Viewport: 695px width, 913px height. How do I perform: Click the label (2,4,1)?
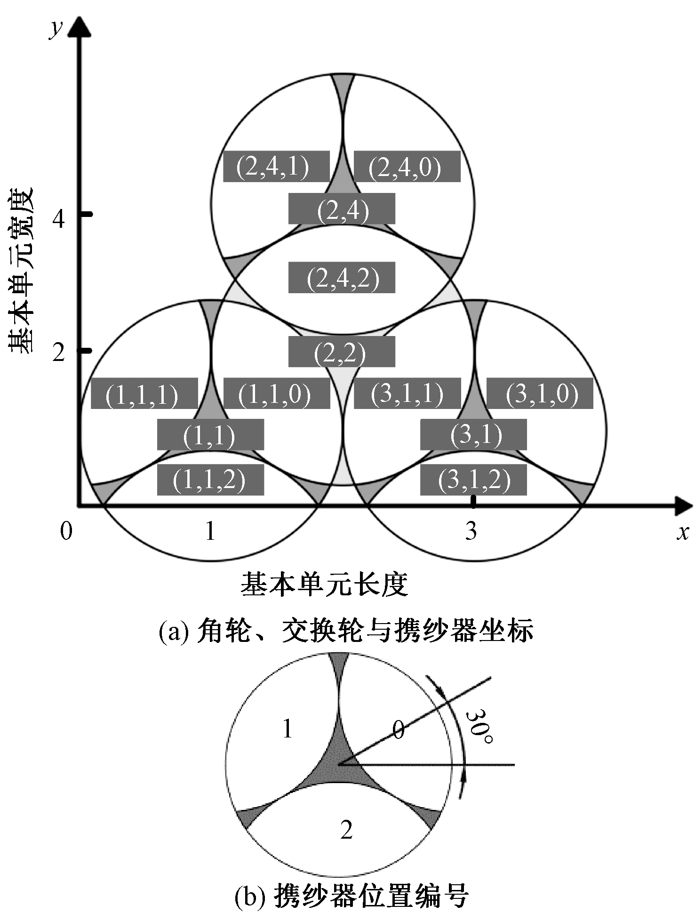pos(276,167)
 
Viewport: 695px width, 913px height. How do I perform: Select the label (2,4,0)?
pos(407,167)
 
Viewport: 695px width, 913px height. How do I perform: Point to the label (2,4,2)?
pos(342,278)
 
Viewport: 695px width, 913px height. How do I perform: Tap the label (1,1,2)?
pos(210,480)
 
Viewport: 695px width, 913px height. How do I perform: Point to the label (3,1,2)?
pos(473,480)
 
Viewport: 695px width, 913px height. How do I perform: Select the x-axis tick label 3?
pos(471,531)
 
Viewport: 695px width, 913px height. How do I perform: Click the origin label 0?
pos(66,531)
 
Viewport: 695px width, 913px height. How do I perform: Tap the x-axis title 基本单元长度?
pos(324,585)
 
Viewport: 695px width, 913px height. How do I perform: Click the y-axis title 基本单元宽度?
pos(21,270)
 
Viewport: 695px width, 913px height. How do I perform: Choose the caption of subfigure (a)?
pos(346,631)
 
